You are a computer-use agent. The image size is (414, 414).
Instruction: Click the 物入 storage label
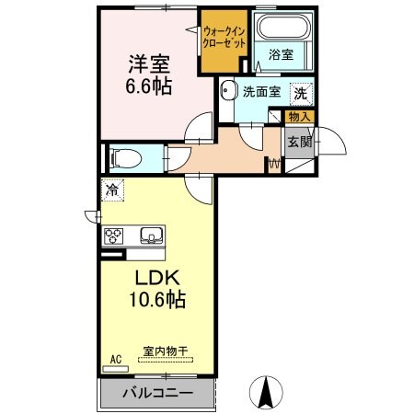300,117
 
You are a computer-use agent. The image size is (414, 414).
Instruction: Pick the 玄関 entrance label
299,141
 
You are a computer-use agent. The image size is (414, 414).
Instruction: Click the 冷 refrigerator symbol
111,191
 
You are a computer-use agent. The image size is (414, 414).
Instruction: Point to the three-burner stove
114,236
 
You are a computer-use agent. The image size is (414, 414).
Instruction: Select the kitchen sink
148,236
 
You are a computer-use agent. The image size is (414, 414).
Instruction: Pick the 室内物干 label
167,351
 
